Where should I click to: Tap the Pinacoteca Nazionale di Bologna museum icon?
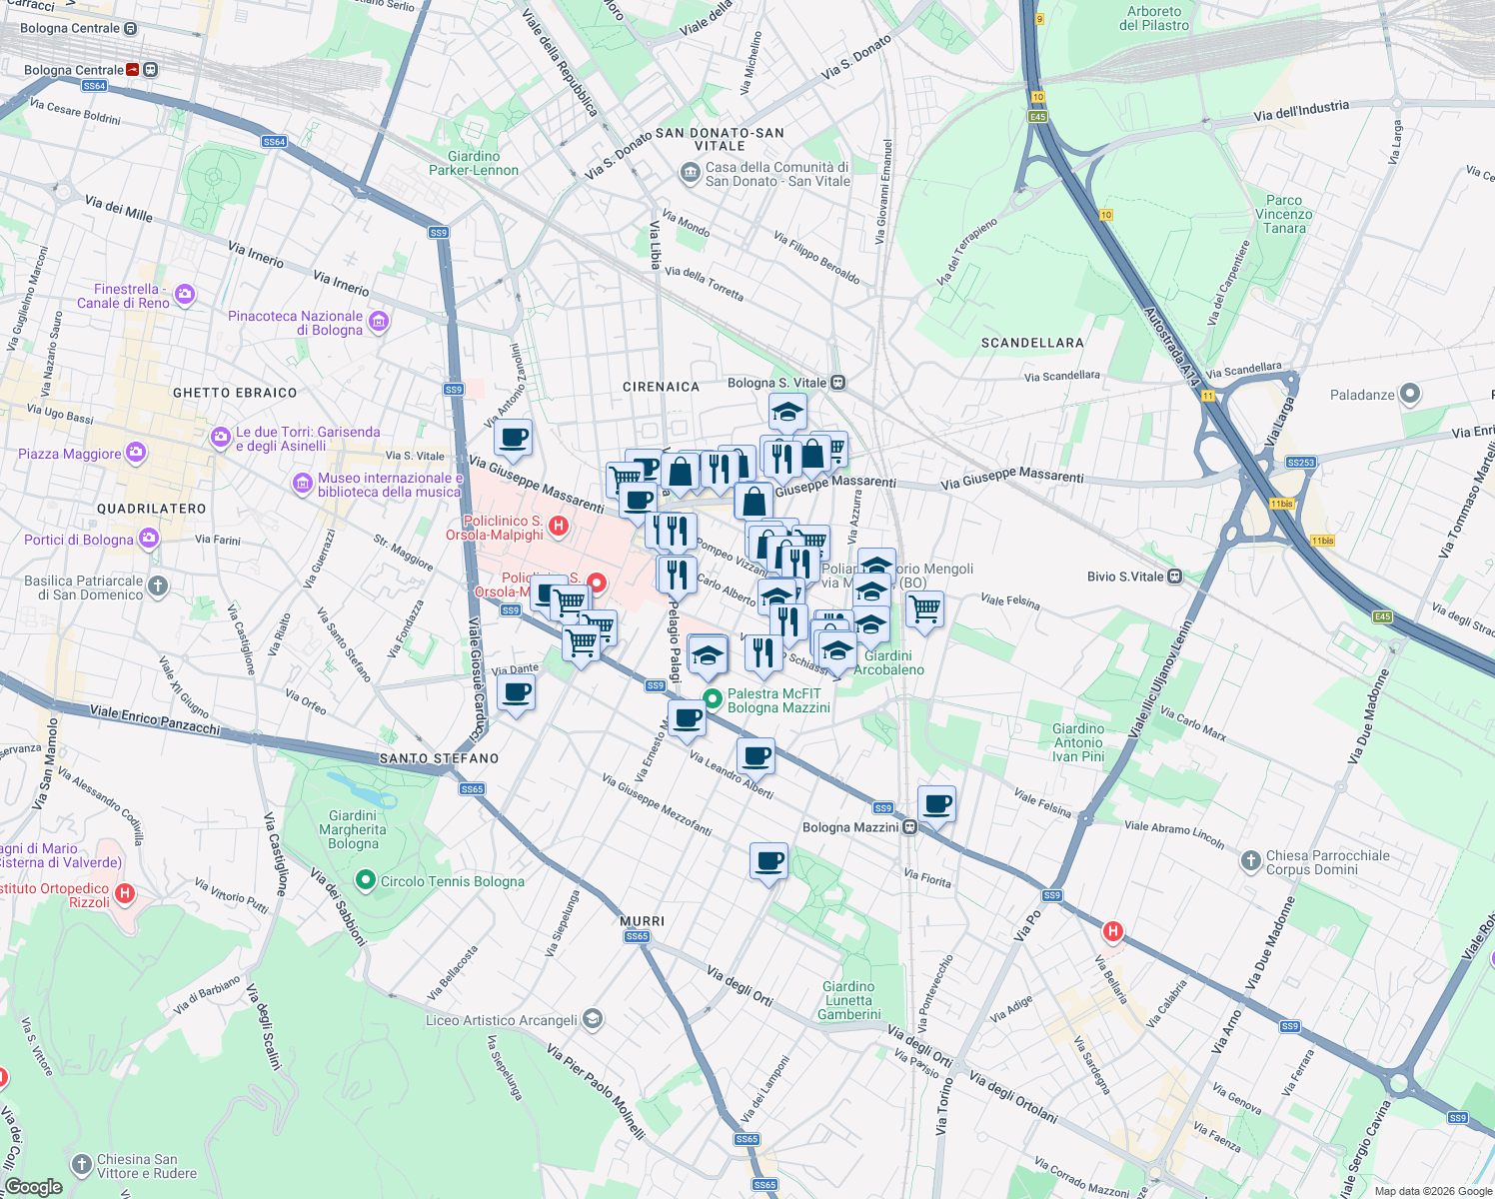click(378, 322)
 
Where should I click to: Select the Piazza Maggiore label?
click(70, 454)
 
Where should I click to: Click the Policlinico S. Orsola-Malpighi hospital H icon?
click(559, 526)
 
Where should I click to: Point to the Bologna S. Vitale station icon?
click(837, 383)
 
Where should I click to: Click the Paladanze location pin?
click(1409, 394)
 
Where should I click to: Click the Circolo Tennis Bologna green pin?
click(365, 880)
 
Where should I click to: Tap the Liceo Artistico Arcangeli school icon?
click(593, 1019)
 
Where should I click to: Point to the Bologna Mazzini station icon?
click(909, 826)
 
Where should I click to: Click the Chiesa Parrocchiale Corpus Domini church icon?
click(1250, 861)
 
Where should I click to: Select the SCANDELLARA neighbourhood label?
click(1032, 343)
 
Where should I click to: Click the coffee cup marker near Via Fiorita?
click(936, 803)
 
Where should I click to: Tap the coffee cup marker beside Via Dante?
click(516, 691)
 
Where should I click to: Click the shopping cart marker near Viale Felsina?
click(924, 607)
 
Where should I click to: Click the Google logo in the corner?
click(34, 1186)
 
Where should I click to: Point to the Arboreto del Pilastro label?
click(1154, 18)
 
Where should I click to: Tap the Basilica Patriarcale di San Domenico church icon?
click(158, 587)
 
